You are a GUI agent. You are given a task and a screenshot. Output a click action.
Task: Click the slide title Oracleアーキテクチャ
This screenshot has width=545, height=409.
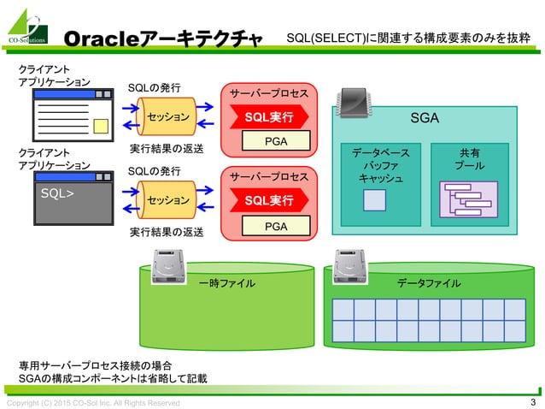point(162,39)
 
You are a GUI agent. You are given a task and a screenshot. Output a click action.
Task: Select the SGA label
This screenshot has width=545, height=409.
point(424,117)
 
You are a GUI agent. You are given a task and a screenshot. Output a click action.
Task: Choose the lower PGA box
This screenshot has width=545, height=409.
point(275,226)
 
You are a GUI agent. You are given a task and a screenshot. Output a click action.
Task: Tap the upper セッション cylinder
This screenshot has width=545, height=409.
point(167,116)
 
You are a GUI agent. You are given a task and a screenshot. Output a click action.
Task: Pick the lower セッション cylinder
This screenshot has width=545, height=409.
point(167,200)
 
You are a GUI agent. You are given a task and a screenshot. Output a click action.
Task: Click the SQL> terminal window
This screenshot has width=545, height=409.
point(72,198)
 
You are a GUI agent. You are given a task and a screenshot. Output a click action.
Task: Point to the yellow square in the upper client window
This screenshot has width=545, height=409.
point(101,127)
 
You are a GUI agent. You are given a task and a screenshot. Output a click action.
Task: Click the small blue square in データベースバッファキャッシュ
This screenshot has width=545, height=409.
point(374,201)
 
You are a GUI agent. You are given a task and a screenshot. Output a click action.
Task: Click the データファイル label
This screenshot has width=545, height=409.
point(430,283)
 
